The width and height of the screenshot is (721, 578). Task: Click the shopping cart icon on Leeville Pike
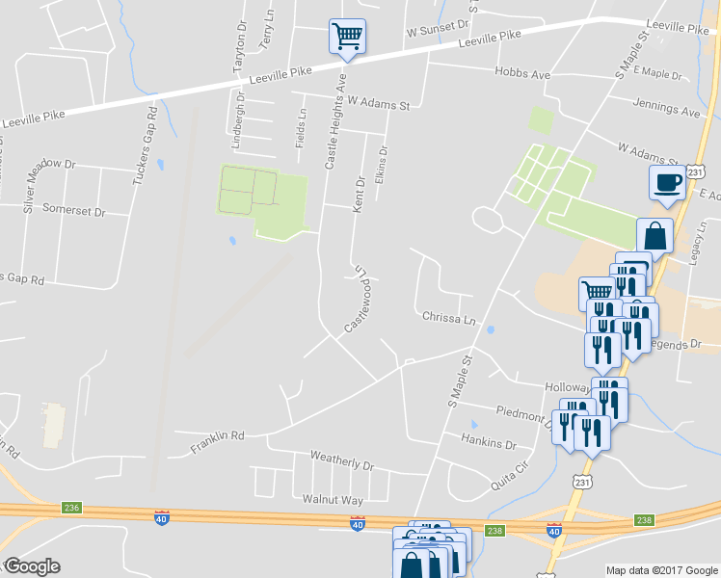tap(347, 38)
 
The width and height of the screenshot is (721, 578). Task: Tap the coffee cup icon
tap(667, 182)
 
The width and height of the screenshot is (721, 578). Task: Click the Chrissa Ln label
tap(449, 318)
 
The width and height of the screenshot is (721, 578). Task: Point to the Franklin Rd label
tap(217, 438)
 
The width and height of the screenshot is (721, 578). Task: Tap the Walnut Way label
tap(333, 500)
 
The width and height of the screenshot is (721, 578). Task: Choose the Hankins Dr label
tap(489, 445)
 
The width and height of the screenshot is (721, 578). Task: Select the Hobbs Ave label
tap(521, 73)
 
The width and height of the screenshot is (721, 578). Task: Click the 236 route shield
tap(71, 508)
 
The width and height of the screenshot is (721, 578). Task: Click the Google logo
tap(31, 566)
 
